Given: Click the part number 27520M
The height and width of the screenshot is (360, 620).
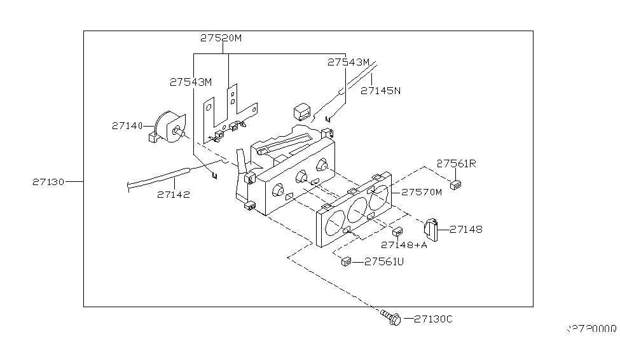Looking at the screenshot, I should coord(221,38).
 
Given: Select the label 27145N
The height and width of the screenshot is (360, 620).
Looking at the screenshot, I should coord(380,91).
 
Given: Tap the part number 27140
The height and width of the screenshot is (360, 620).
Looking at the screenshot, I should coord(128,126).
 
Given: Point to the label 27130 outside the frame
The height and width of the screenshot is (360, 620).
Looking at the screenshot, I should coord(48,182).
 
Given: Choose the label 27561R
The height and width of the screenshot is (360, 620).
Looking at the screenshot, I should coord(457,163).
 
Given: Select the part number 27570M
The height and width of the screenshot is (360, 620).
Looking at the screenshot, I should coord(420,191).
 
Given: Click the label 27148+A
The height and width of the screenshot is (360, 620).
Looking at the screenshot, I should coord(404,245).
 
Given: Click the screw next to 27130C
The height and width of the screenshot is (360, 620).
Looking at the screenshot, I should coord(390,317).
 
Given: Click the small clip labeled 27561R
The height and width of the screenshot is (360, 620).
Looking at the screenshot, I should coord(455,185).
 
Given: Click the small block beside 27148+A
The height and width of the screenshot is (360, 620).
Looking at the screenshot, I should coord(397,231).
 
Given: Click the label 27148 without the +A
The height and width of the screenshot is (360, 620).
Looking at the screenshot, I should coord(465,229).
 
